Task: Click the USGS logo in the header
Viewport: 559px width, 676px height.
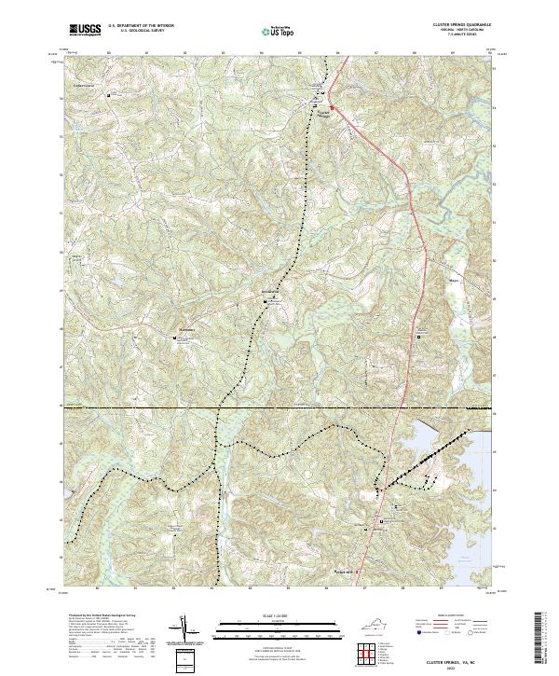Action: pyautogui.click(x=84, y=30)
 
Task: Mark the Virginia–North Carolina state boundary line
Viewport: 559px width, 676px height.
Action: pyautogui.click(x=279, y=407)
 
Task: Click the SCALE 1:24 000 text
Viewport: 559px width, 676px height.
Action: pyautogui.click(x=265, y=614)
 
